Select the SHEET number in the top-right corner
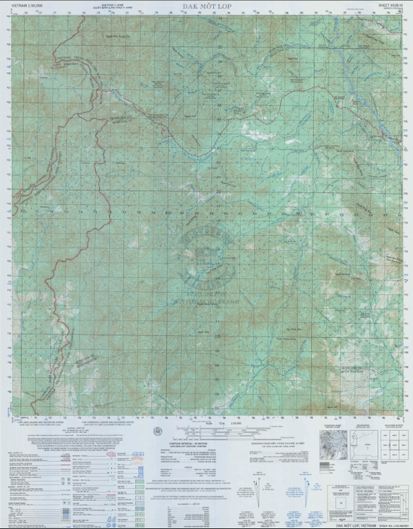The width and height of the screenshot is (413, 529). click(386, 5)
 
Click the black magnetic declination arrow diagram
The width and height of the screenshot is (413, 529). click(258, 485)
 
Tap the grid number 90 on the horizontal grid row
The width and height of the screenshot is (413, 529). click(312, 212)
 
